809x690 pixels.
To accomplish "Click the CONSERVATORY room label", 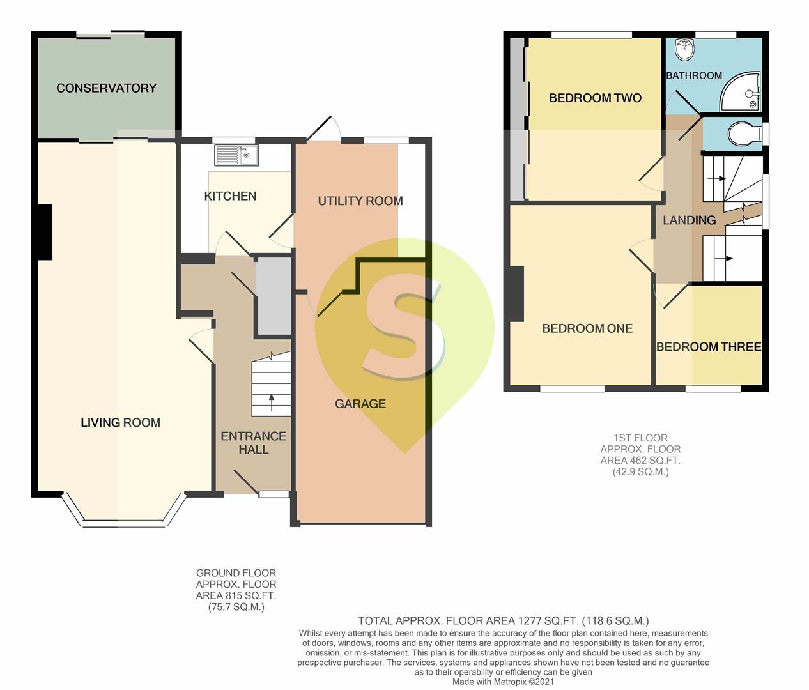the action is pyautogui.click(x=106, y=88).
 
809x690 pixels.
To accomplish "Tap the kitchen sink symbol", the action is pyautogui.click(x=236, y=155).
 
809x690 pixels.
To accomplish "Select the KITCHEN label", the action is pyautogui.click(x=230, y=196).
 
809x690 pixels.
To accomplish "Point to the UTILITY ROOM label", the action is pyautogui.click(x=360, y=201).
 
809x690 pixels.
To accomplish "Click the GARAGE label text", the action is pyautogui.click(x=360, y=404).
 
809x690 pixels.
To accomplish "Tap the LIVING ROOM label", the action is pyautogui.click(x=121, y=423).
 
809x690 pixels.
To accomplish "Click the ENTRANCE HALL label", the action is pyautogui.click(x=253, y=443).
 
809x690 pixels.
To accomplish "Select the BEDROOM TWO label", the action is pyautogui.click(x=595, y=98).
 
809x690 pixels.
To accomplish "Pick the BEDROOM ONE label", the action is pyautogui.click(x=587, y=328).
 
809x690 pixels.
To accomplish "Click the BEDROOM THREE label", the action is pyautogui.click(x=709, y=347).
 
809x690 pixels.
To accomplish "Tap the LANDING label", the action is pyautogui.click(x=690, y=220).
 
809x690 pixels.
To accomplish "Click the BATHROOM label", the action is pyautogui.click(x=694, y=75).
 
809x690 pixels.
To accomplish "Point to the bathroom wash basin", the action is pyautogui.click(x=684, y=50).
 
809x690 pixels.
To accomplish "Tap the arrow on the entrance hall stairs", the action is pyautogui.click(x=271, y=402).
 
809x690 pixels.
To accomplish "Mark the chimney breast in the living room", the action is pyautogui.click(x=45, y=232).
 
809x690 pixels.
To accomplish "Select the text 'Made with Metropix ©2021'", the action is pyautogui.click(x=503, y=682).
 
